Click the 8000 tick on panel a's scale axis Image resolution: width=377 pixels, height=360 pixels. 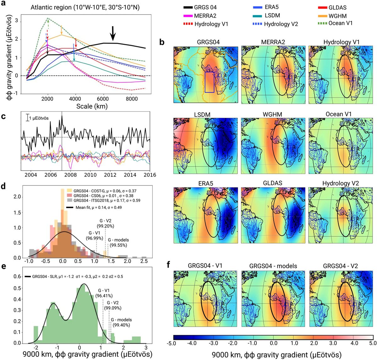point(132,99)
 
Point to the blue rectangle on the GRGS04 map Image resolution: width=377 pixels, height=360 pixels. point(209,82)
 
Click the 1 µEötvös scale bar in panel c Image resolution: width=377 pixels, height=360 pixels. point(27,118)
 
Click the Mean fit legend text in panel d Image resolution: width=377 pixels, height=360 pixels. point(99,207)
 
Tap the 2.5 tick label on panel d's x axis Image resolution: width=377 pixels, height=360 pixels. point(144,261)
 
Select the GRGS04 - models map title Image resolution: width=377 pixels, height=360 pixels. point(273,266)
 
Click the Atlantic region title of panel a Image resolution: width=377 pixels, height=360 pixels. point(85,7)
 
